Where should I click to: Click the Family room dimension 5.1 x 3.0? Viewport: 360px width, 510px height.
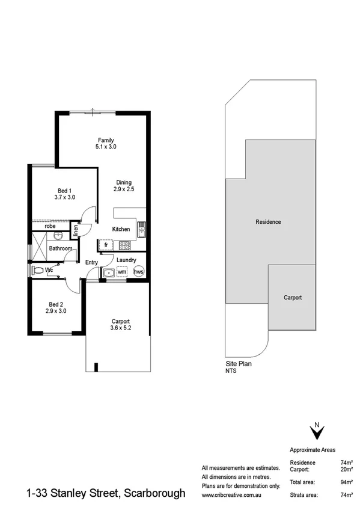[105, 146]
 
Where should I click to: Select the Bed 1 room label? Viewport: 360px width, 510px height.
[64, 190]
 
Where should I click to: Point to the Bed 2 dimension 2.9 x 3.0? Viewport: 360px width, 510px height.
[55, 312]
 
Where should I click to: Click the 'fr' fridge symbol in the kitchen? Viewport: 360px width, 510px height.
[106, 245]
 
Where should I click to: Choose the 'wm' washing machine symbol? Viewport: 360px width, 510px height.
[122, 272]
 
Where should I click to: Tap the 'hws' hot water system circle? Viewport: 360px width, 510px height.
[138, 272]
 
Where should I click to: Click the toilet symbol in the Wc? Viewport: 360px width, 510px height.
[38, 271]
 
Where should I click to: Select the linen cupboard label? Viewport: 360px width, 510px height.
[76, 230]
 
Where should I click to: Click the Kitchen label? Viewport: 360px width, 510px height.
[121, 229]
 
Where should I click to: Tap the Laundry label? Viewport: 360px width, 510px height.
[126, 260]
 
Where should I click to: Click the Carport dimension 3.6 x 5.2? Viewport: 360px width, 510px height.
[121, 328]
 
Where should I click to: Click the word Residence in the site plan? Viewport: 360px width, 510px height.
[268, 222]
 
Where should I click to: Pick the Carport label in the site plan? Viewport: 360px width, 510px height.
[292, 298]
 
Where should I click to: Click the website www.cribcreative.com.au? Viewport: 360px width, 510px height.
[232, 495]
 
